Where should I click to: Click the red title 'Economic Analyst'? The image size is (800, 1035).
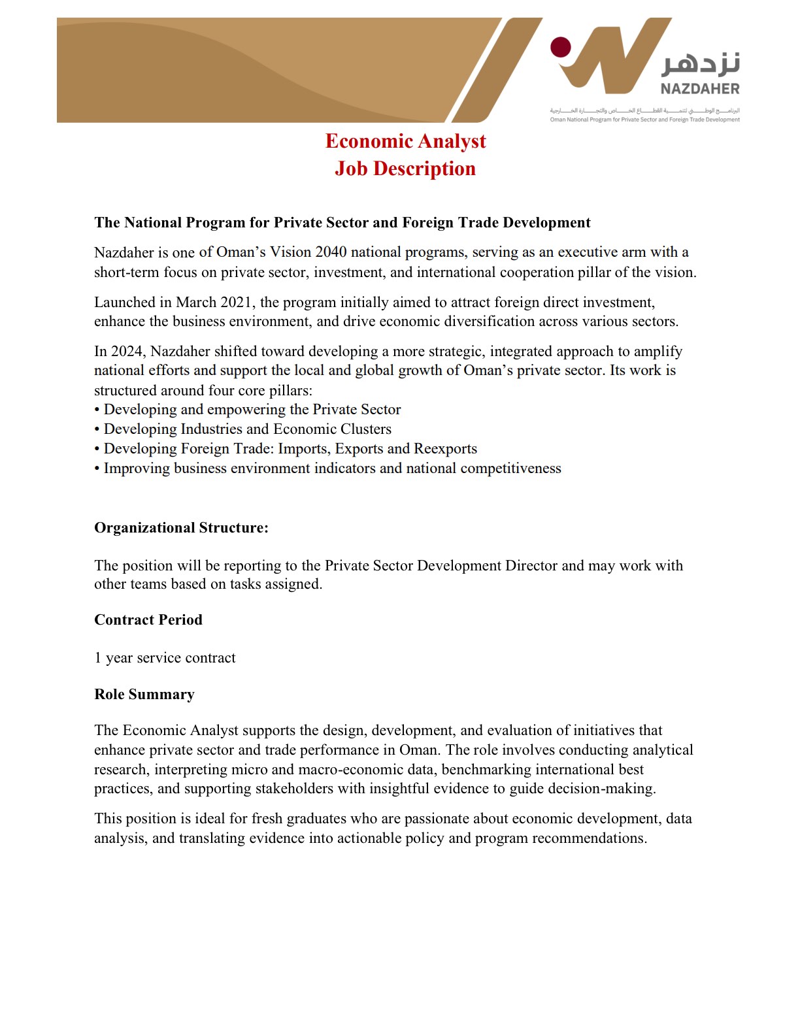[405, 141]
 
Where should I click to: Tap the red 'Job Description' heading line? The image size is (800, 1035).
[405, 169]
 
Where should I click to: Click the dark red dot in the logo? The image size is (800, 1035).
[561, 47]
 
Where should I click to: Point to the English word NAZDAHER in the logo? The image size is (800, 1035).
[699, 89]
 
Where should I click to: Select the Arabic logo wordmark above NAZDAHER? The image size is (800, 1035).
[701, 63]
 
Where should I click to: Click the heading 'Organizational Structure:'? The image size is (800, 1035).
[181, 528]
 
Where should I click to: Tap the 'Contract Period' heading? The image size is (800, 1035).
[148, 620]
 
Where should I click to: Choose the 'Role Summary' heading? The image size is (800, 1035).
[144, 695]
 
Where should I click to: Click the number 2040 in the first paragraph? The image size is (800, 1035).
[331, 252]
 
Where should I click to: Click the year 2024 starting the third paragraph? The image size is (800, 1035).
[127, 352]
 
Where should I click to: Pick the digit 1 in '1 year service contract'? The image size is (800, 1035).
[98, 658]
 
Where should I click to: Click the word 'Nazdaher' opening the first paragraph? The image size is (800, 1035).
[124, 253]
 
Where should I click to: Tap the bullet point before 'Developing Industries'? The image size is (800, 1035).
[97, 430]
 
